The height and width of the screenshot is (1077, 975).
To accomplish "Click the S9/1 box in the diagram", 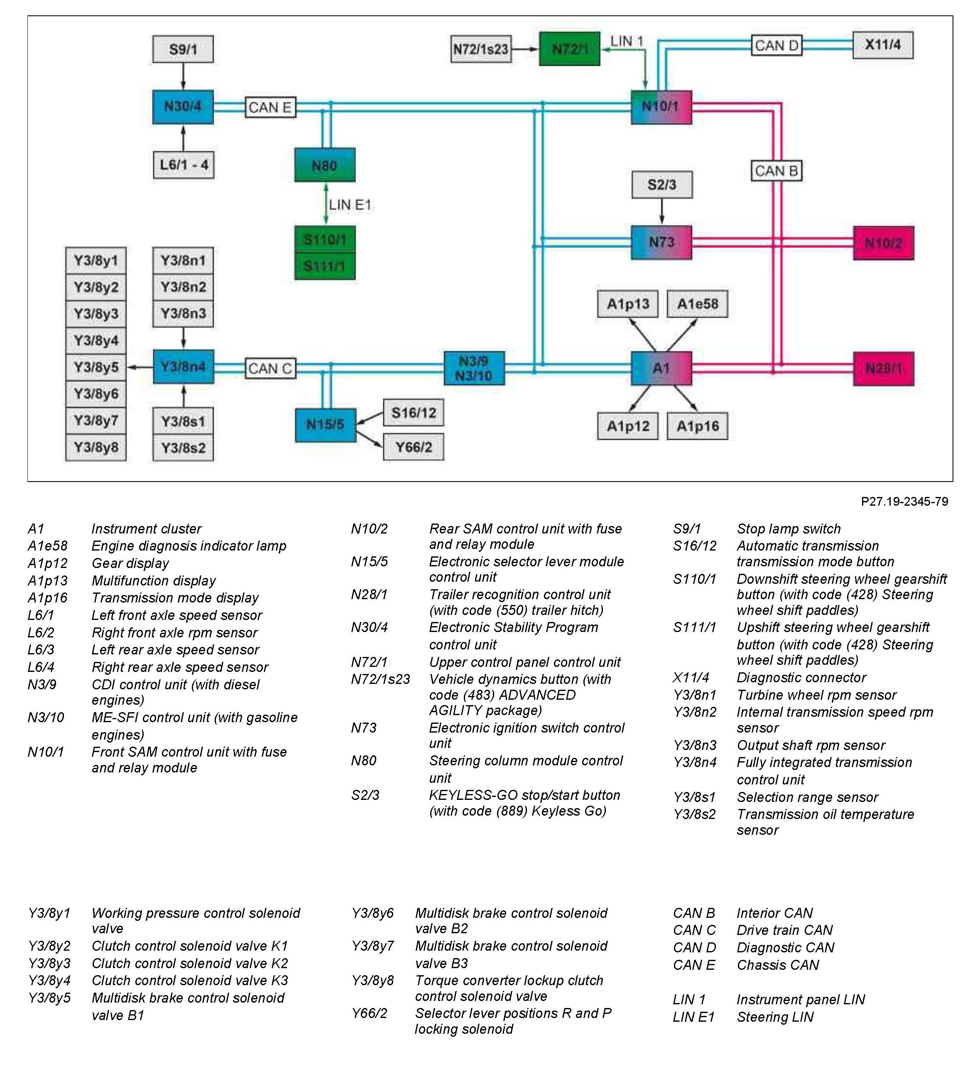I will pos(183,49).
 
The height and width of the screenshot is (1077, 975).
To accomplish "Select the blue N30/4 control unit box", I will pos(183,107).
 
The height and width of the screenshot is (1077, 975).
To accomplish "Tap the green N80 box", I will pos(325,165).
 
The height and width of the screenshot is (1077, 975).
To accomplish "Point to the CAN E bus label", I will pos(270,107).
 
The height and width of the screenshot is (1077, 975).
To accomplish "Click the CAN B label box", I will pos(777,171).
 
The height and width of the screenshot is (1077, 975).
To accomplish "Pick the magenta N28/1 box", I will pos(883,369).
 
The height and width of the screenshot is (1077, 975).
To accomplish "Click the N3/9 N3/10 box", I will pos(474,369).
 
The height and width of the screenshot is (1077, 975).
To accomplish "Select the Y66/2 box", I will pos(413,447).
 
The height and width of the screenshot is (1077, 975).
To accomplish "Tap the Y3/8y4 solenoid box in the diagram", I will pos(96,340).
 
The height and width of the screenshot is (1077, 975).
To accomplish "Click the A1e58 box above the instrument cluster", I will pos(697,304).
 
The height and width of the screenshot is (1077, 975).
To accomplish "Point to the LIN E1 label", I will pos(350,204).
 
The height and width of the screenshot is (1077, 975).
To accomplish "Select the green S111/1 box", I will pos(325,266).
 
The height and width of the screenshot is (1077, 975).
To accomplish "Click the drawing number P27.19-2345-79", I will pos(904,502).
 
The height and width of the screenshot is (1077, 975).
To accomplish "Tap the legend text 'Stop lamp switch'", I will pos(788,529).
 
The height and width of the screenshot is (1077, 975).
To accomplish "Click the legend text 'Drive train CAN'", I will pos(784,930).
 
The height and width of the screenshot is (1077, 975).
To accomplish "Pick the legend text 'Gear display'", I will pos(130,563).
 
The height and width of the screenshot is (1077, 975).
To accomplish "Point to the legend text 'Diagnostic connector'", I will pos(801,677).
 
